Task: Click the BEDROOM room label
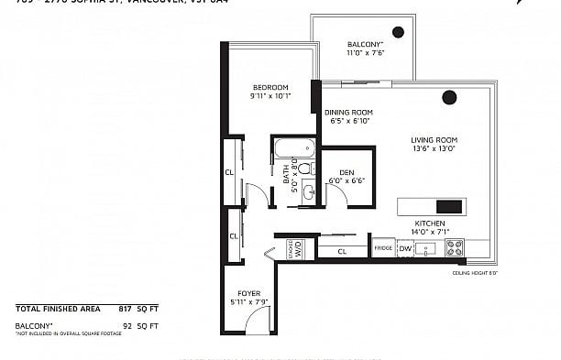(270, 87)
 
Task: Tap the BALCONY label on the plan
(364, 44)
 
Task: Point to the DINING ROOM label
(347, 113)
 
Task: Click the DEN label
(346, 172)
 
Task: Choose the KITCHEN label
(429, 224)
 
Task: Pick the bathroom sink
(308, 192)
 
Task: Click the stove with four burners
(456, 247)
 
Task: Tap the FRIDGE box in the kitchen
(383, 248)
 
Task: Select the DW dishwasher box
(405, 247)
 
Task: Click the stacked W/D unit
(298, 248)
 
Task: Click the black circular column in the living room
(449, 97)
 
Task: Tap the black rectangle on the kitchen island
(450, 206)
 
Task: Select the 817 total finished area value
(126, 310)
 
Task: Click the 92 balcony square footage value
(127, 325)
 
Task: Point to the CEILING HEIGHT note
(473, 273)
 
